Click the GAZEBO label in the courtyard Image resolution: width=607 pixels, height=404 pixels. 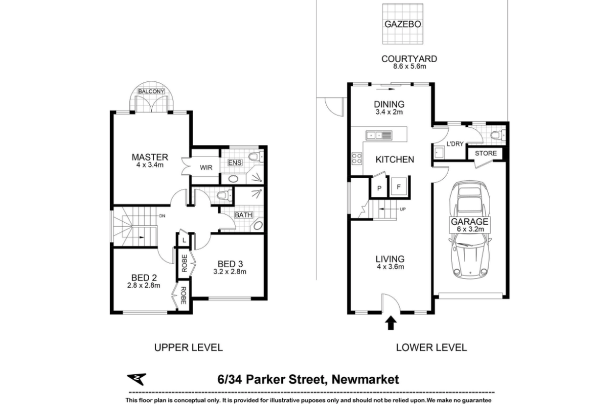tap(403, 24)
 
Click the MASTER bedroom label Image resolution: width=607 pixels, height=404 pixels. tap(150, 157)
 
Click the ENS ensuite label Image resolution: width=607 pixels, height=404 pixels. tap(235, 163)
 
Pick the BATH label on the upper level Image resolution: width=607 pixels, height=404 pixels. tap(243, 215)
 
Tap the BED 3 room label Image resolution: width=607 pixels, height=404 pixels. tap(229, 264)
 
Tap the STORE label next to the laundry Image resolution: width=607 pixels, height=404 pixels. tap(486, 154)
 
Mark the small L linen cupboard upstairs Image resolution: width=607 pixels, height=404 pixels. tap(183, 240)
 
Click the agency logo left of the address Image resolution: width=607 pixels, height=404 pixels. tap(136, 379)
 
